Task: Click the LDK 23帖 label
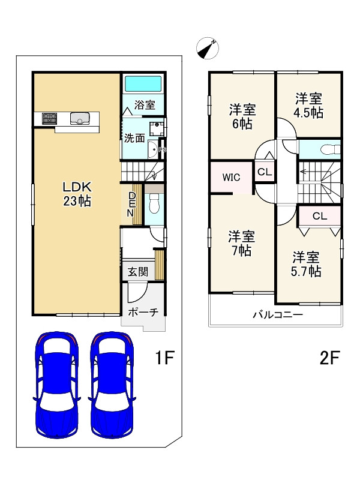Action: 77,194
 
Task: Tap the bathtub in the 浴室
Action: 143,84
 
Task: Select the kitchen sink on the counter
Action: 80,118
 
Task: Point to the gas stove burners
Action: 50,118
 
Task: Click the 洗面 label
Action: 134,138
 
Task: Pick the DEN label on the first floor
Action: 131,204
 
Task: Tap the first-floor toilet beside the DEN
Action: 155,203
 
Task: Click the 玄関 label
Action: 138,272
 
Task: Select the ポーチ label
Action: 143,312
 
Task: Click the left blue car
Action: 57,385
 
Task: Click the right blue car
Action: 112,385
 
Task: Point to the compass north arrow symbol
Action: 208,48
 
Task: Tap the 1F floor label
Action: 164,358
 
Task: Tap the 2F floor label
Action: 329,358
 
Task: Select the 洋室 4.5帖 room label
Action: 308,106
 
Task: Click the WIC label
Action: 232,177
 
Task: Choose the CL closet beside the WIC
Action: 265,172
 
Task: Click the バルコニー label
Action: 278,314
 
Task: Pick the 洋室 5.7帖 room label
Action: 306,265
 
